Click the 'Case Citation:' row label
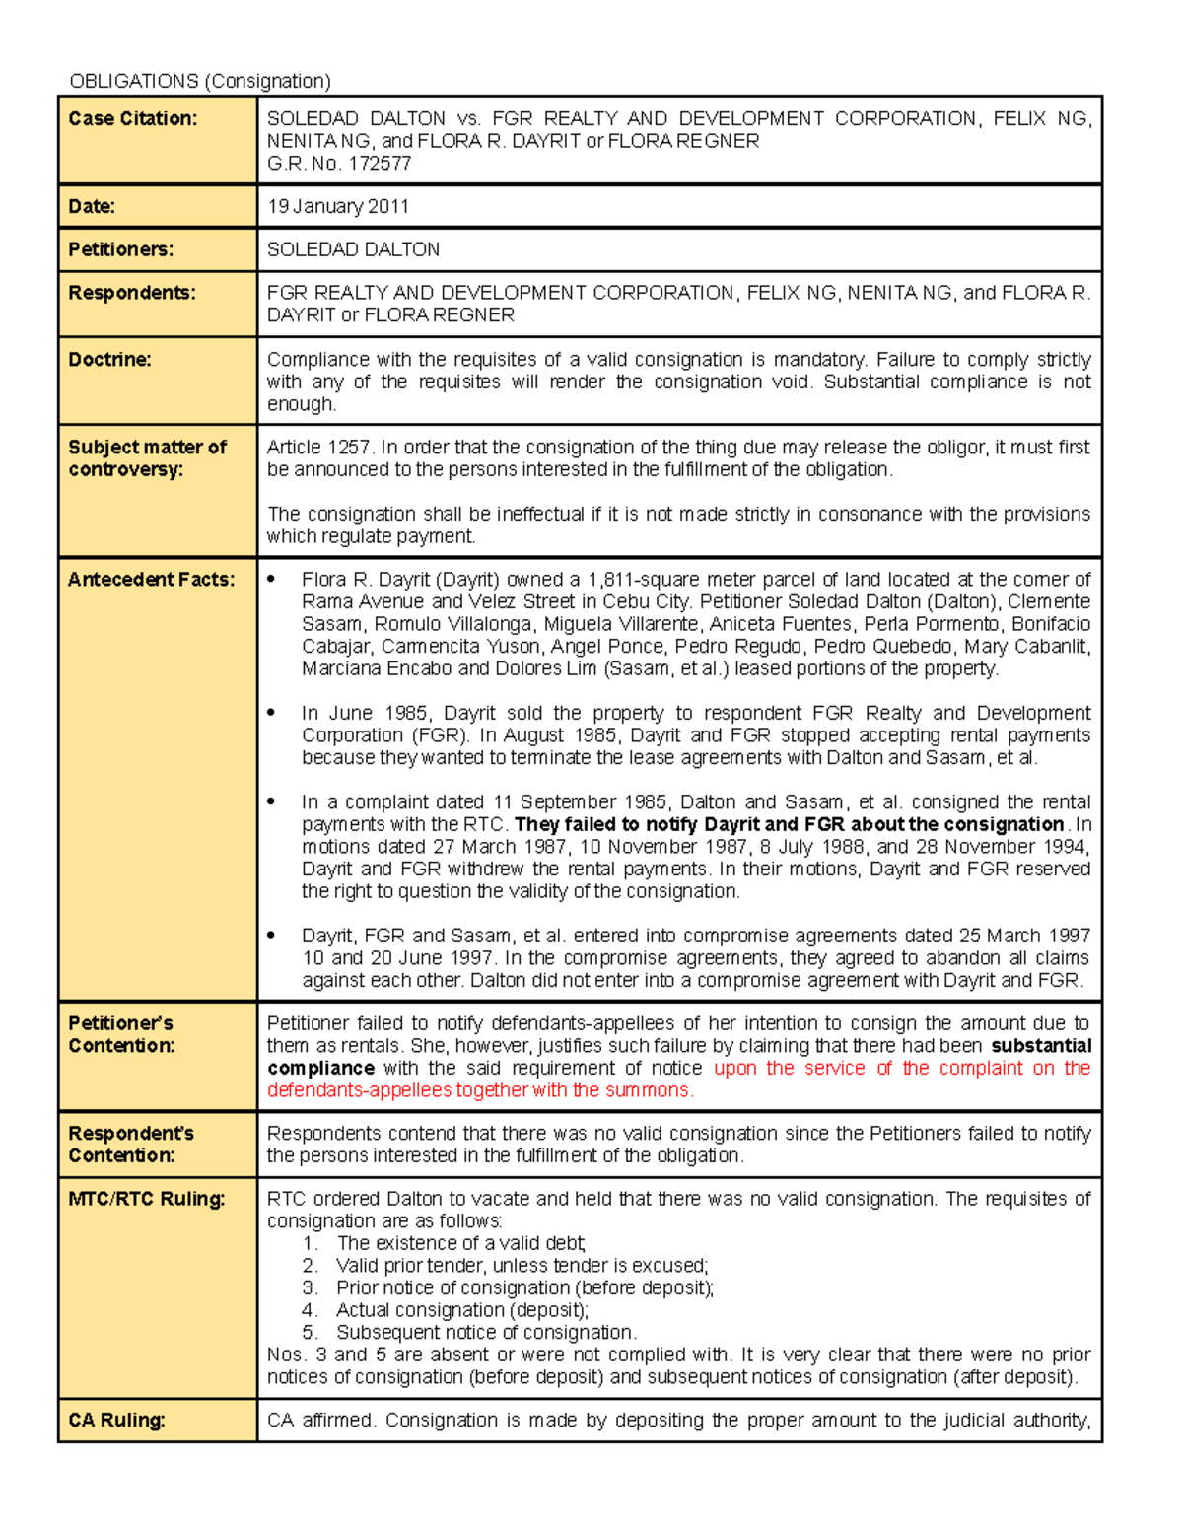tap(133, 118)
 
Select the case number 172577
tap(378, 164)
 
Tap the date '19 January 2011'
tap(337, 206)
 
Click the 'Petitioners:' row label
tap(120, 249)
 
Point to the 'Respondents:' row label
tap(131, 293)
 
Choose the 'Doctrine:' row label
tap(109, 360)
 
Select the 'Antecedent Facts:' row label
tap(151, 580)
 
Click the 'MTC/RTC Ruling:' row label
tap(146, 1199)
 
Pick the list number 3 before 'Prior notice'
tap(310, 1287)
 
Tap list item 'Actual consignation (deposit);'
tap(461, 1310)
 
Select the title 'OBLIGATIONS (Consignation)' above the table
tap(199, 81)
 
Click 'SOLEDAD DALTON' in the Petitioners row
tap(353, 249)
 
